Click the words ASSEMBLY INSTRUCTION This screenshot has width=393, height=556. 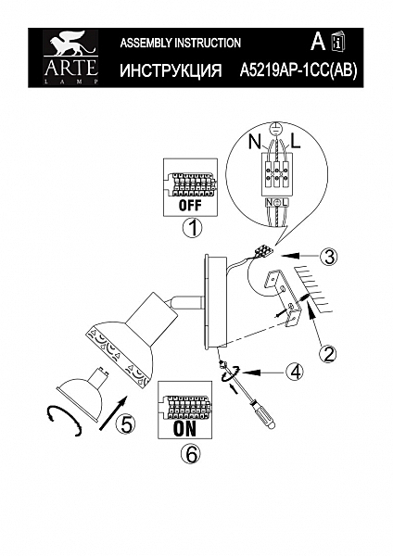click(181, 43)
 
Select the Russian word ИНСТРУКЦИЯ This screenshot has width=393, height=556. click(171, 70)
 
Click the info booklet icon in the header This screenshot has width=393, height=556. click(338, 42)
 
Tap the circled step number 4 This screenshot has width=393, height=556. click(294, 373)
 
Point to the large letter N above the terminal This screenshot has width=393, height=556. click(255, 144)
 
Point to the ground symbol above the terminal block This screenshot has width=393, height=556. click(275, 131)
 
